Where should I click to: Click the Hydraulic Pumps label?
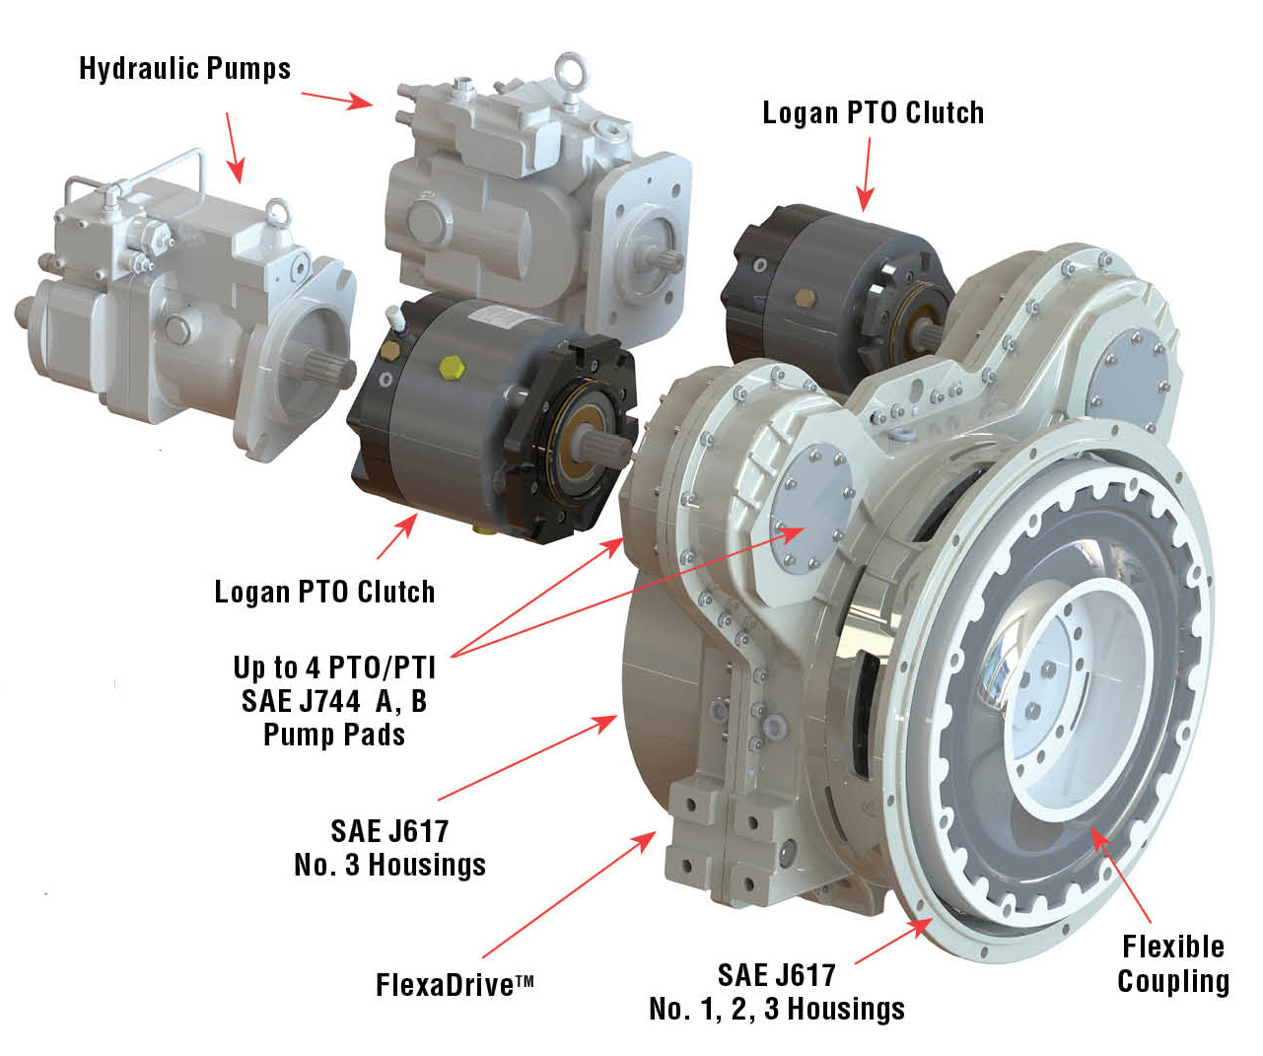[x=184, y=69]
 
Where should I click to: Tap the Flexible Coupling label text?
[x=1172, y=964]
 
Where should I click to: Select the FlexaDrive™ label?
[x=455, y=985]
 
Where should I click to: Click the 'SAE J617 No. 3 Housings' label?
[x=389, y=848]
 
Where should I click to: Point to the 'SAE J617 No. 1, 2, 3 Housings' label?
[x=777, y=992]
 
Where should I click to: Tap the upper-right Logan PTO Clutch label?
[x=873, y=113]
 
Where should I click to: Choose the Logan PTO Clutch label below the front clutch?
[x=324, y=592]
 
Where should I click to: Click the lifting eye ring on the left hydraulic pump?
[x=278, y=209]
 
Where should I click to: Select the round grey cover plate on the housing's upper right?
[x=1132, y=378]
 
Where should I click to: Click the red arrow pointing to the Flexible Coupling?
[x=1121, y=877]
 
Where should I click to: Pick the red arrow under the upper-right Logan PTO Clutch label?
[x=868, y=174]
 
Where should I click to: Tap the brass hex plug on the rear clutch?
[x=804, y=298]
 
